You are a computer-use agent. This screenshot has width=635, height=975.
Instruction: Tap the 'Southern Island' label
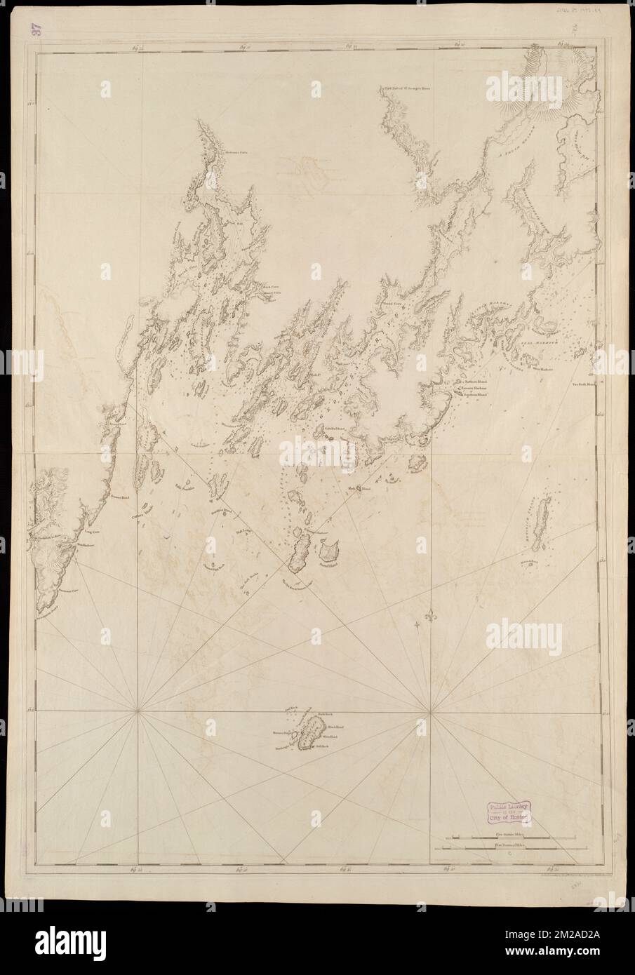477,394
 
